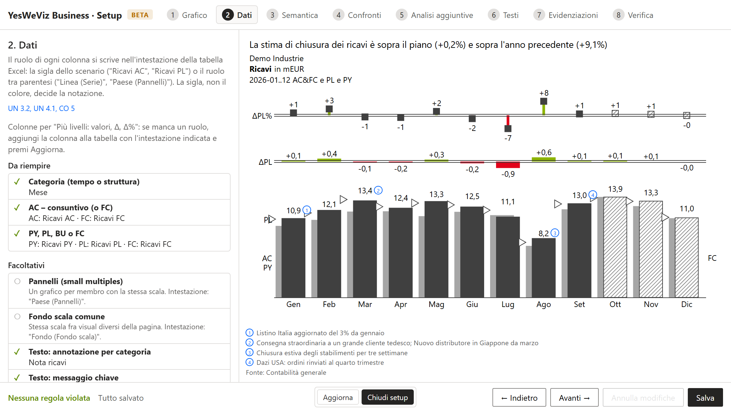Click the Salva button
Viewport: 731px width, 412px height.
pyautogui.click(x=705, y=398)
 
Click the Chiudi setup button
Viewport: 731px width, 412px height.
pyautogui.click(x=387, y=397)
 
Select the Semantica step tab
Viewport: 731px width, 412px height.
pyautogui.click(x=292, y=15)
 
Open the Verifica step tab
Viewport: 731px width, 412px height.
pyautogui.click(x=633, y=15)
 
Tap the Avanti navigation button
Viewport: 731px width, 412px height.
pyautogui.click(x=574, y=398)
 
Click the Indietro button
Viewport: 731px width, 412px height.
pyautogui.click(x=519, y=398)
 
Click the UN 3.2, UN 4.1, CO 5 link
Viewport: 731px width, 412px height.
pyautogui.click(x=42, y=108)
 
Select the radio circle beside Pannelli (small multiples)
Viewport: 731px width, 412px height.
pyautogui.click(x=18, y=281)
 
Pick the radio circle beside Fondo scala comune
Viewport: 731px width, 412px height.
pyautogui.click(x=18, y=317)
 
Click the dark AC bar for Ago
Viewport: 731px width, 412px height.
pyautogui.click(x=544, y=268)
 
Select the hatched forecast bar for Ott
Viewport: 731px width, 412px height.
pyautogui.click(x=615, y=247)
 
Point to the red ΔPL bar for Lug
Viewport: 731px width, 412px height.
pyautogui.click(x=508, y=165)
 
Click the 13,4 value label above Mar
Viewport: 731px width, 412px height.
pyautogui.click(x=365, y=191)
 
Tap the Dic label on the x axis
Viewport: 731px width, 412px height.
pyautogui.click(x=687, y=304)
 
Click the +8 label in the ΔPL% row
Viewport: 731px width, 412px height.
pyautogui.click(x=544, y=93)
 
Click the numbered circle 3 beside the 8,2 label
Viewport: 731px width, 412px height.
pyautogui.click(x=555, y=233)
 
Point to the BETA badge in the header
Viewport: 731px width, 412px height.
pyautogui.click(x=140, y=15)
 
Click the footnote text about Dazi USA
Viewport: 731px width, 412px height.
pyautogui.click(x=320, y=362)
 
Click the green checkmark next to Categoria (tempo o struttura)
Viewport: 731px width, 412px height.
pyautogui.click(x=17, y=182)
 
